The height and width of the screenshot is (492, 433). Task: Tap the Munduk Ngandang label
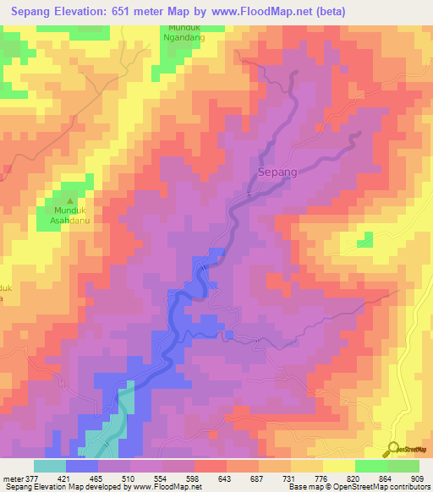tap(185, 33)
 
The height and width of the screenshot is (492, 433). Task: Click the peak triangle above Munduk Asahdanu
tap(69, 201)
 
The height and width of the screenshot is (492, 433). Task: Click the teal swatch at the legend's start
tap(50, 466)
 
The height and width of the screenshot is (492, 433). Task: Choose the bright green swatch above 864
tap(370, 466)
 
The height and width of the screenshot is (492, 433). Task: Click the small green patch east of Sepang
tap(364, 241)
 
